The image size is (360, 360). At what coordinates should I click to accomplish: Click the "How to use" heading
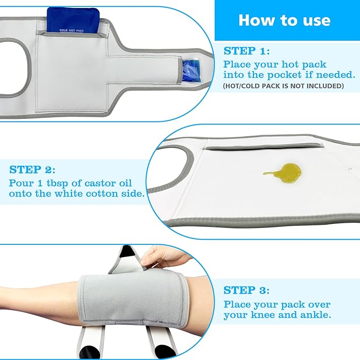[284, 20]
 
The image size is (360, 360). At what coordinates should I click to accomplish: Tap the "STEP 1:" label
[247, 51]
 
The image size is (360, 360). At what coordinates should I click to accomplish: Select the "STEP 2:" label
[32, 170]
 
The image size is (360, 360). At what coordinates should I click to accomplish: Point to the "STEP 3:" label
[247, 290]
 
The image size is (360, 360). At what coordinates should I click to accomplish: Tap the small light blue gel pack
[191, 71]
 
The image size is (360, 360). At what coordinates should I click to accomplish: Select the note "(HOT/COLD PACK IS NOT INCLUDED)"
[283, 86]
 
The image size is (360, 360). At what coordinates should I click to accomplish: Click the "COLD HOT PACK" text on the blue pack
[72, 30]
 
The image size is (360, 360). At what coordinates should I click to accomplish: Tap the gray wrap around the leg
[133, 298]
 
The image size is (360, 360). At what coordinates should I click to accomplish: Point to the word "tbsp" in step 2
[57, 183]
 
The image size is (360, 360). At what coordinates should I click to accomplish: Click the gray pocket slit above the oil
[263, 147]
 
